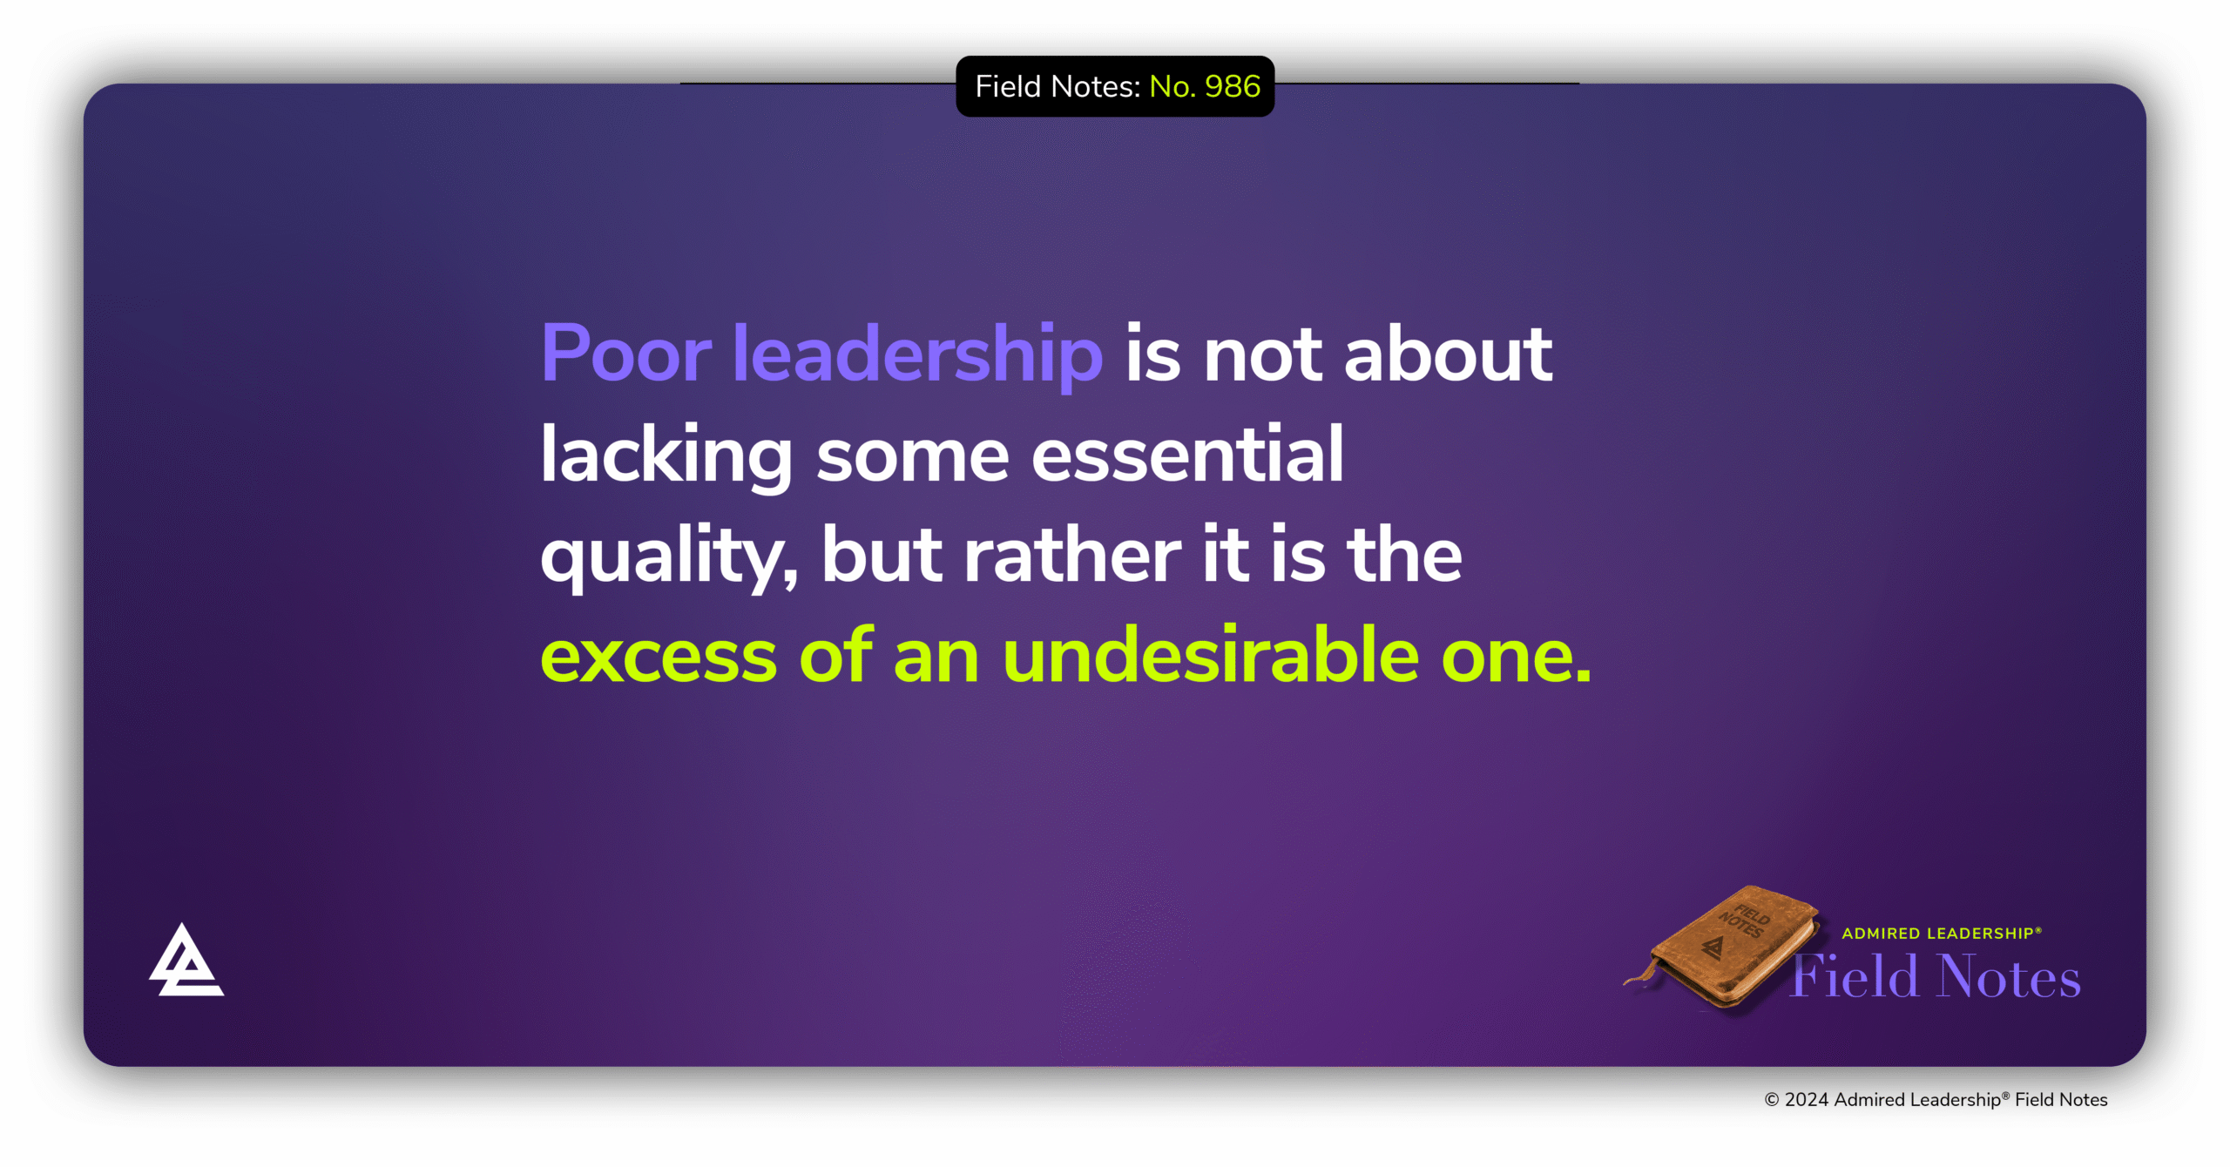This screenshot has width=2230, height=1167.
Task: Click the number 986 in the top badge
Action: (1233, 86)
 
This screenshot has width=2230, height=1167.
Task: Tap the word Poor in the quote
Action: (626, 354)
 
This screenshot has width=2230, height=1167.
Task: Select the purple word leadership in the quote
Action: (917, 354)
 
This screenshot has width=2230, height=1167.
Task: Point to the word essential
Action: (1187, 455)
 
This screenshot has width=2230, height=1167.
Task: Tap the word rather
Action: (1072, 556)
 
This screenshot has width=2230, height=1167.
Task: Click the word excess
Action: (659, 656)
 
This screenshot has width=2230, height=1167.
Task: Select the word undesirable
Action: (1211, 656)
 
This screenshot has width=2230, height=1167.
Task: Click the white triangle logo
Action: (186, 961)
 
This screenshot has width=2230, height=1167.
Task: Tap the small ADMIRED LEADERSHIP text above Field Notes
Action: (1941, 934)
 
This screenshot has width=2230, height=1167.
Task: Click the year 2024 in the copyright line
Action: (1807, 1100)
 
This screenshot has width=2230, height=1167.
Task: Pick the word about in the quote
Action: (1448, 354)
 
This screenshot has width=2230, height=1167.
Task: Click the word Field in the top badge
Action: (1009, 86)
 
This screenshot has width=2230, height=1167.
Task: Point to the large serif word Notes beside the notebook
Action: (2010, 977)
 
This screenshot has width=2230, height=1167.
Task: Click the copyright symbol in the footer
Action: (1771, 1100)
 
